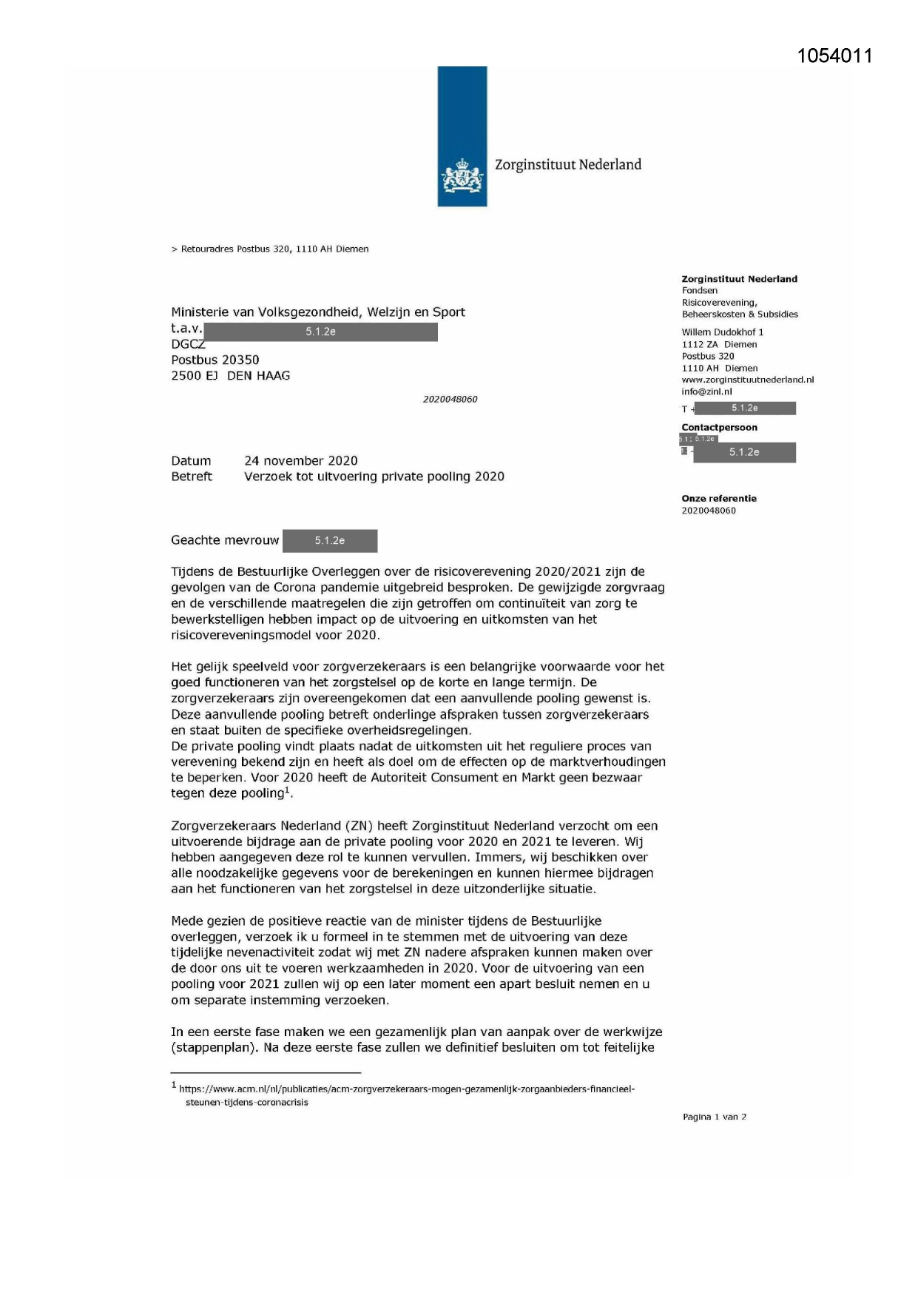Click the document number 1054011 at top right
click(x=834, y=56)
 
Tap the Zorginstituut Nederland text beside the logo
click(x=567, y=165)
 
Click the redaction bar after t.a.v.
click(x=320, y=332)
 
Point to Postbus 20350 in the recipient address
click(x=215, y=360)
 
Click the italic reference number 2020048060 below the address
click(x=450, y=400)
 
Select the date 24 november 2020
click(x=300, y=461)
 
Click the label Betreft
click(x=192, y=477)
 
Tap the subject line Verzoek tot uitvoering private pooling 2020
click(x=374, y=477)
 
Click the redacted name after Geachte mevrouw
click(x=330, y=541)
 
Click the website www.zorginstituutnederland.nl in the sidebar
click(x=747, y=380)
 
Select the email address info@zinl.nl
click(x=706, y=391)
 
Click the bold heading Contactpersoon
click(x=719, y=428)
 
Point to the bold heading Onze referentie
click(x=718, y=499)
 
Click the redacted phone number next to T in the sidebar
click(x=744, y=408)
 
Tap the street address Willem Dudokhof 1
click(x=722, y=332)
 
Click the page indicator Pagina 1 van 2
click(x=714, y=1117)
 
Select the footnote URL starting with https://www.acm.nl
click(x=407, y=1089)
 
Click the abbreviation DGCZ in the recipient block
click(x=188, y=344)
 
